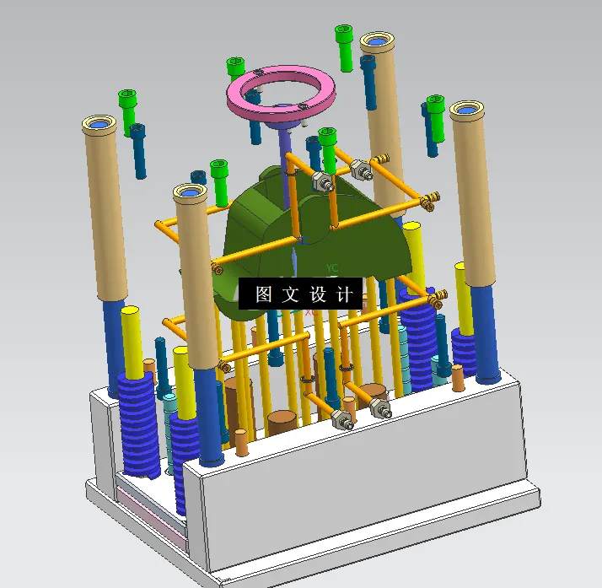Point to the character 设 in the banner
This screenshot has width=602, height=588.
pyautogui.click(x=317, y=294)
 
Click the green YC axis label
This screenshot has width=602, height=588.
pyautogui.click(x=331, y=268)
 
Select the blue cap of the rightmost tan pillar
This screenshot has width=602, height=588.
pyautogui.click(x=466, y=109)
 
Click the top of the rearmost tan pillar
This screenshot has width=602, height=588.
pyautogui.click(x=377, y=40)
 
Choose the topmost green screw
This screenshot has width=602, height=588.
pyautogui.click(x=344, y=35)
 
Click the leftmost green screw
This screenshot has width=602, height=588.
pyautogui.click(x=127, y=98)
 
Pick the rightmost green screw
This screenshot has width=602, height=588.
pyautogui.click(x=435, y=105)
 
